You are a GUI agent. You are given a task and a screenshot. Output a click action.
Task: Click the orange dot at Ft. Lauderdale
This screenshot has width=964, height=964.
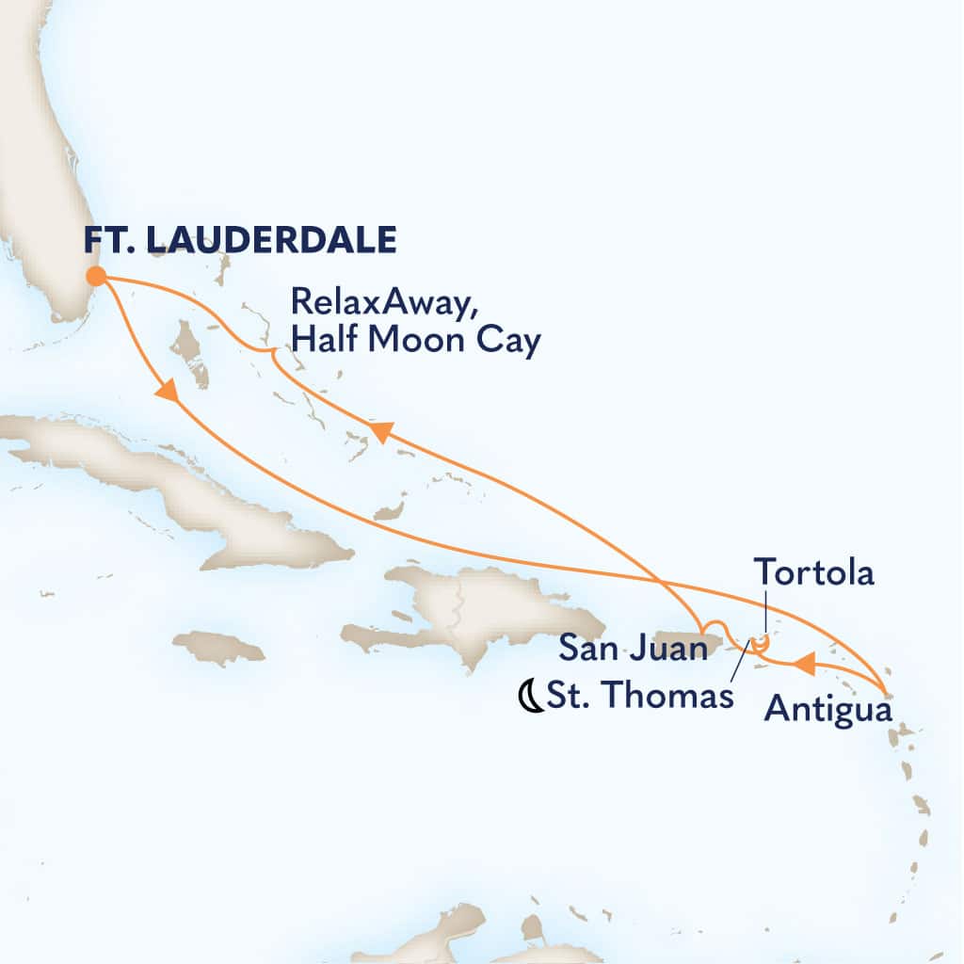click(96, 276)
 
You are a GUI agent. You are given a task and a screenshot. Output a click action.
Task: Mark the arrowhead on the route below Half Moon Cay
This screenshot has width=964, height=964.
click(379, 432)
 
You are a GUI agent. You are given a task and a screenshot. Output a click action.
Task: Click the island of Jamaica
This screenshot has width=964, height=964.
click(219, 648)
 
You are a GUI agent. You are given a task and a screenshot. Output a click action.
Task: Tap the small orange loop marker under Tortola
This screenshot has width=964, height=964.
click(761, 643)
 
